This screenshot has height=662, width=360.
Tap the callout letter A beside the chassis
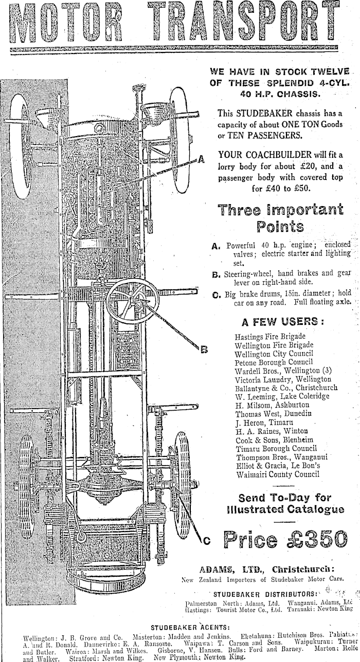click(201, 159)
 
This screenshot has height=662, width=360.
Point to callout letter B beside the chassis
click(203, 350)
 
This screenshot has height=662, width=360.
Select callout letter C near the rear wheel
click(206, 540)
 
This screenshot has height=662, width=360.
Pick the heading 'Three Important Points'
click(280, 218)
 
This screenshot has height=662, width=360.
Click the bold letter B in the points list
click(217, 274)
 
